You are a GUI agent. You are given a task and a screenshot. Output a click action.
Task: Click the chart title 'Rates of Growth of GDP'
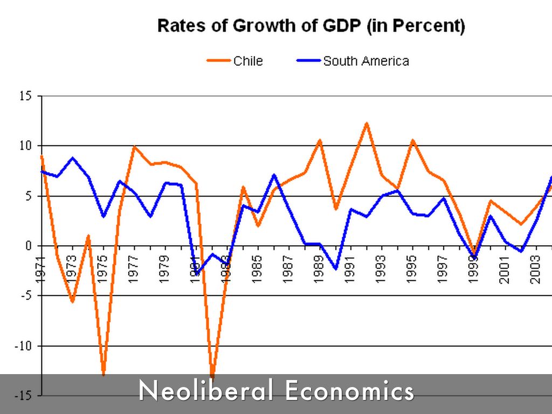(x=311, y=26)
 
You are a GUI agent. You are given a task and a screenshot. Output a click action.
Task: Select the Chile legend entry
(x=248, y=61)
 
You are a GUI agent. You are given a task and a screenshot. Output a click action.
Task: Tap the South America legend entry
(x=365, y=61)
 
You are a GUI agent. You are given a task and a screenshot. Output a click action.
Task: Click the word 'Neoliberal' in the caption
(x=207, y=391)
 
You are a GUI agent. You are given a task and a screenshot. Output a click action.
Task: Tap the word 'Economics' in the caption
(x=349, y=391)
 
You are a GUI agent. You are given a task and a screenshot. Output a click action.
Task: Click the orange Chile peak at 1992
(x=367, y=123)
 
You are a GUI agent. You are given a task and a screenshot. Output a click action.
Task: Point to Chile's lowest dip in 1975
(x=103, y=374)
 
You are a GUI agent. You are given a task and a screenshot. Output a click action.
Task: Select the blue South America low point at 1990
(x=335, y=268)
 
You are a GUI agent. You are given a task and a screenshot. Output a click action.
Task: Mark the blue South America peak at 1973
(x=73, y=158)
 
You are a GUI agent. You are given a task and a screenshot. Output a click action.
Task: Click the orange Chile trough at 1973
(x=72, y=301)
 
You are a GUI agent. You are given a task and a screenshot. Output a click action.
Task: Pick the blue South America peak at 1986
(x=274, y=175)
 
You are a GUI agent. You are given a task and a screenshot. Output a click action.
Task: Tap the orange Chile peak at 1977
(x=134, y=147)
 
